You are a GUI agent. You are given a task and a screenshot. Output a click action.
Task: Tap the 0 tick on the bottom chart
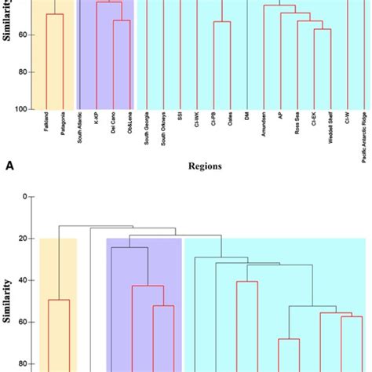(x=25, y=196)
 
